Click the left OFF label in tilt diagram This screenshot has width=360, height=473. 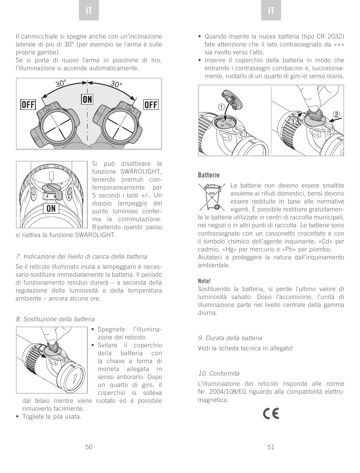28,105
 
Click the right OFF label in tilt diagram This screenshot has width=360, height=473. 151,105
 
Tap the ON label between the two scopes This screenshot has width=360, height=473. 87,99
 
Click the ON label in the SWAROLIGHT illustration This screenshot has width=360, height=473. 51,209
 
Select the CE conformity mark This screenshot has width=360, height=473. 271,414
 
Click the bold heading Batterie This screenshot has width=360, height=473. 209,175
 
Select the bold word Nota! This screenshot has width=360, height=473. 204,281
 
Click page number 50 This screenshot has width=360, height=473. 89,447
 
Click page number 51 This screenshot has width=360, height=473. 271,447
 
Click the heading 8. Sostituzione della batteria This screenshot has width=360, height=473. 55,319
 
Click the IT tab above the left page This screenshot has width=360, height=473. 89,11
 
